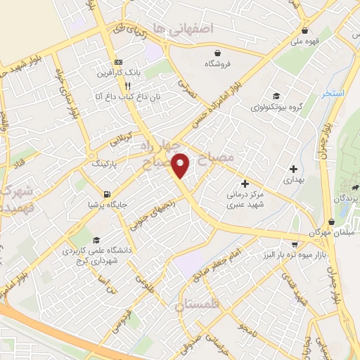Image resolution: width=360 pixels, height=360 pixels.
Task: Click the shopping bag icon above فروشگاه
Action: click(217, 52)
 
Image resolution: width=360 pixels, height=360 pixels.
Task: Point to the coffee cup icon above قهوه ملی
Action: click(304, 31)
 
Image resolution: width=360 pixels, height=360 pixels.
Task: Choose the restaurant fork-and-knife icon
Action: click(127, 85)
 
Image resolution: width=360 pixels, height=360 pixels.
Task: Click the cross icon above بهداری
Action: click(293, 169)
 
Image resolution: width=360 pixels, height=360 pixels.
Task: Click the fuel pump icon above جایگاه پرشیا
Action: click(105, 193)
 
